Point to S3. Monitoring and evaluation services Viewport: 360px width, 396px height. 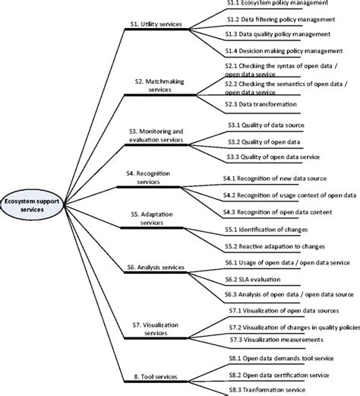click(156, 135)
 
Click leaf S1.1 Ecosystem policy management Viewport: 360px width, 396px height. click(278, 4)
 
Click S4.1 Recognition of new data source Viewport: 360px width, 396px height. click(282, 178)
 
